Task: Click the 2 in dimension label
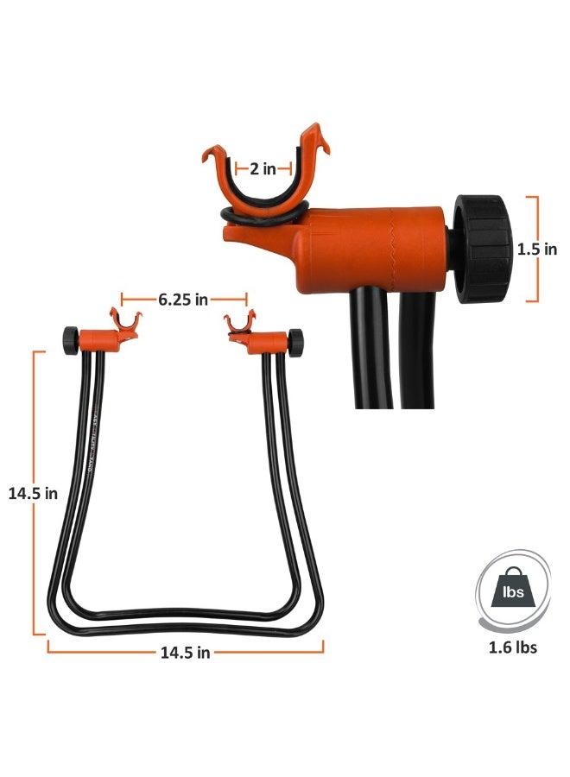pos(263,169)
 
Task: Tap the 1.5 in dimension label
pos(537,250)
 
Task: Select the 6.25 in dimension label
pos(183,300)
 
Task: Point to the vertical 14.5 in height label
pos(33,493)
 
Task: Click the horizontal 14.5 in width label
pos(185,652)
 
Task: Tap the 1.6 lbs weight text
pos(512,646)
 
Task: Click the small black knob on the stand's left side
pos(68,340)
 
